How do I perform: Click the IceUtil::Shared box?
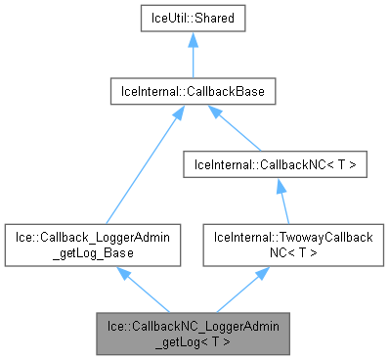tap(193, 19)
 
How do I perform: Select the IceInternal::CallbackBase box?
tap(193, 92)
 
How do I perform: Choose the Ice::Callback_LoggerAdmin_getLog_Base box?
tap(93, 245)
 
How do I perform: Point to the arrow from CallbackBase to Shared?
tap(193, 59)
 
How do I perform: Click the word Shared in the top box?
tap(213, 19)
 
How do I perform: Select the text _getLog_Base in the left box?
tap(93, 252)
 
